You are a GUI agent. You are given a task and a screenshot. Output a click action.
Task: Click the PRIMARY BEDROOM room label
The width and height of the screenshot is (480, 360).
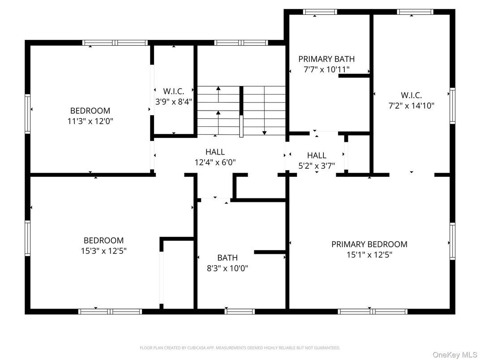(x=369, y=244)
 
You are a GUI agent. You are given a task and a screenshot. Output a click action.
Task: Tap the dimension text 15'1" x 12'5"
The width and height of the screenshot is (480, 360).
(x=369, y=255)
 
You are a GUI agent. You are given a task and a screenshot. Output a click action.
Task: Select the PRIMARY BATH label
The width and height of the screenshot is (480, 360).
(x=326, y=59)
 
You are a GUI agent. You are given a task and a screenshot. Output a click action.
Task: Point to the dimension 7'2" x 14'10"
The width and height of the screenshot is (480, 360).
(x=411, y=106)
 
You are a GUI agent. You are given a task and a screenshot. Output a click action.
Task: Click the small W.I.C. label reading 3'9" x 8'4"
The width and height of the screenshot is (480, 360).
(x=173, y=102)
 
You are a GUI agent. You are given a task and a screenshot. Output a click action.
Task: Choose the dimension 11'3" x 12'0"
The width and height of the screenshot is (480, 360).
(x=90, y=121)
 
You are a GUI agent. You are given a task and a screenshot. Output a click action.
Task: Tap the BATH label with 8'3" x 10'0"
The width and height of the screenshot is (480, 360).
(x=227, y=257)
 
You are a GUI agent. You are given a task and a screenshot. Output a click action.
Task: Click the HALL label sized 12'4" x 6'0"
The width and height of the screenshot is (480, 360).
(x=215, y=152)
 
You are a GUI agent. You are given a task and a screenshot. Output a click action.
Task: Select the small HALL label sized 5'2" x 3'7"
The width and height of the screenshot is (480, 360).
(x=317, y=155)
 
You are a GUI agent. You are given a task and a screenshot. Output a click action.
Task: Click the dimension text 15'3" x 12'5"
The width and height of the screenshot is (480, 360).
(x=103, y=251)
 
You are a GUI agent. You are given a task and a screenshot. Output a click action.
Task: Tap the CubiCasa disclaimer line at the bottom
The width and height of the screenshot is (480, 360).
(x=240, y=347)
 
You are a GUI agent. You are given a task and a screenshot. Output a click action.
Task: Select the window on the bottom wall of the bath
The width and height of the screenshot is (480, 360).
(x=240, y=311)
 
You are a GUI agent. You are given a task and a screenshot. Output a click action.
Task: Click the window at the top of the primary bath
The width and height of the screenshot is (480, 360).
(x=320, y=12)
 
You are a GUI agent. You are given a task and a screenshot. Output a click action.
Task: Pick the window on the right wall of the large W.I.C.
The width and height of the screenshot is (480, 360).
(x=452, y=106)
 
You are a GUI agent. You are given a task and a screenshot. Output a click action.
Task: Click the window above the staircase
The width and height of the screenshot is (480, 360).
(x=241, y=43)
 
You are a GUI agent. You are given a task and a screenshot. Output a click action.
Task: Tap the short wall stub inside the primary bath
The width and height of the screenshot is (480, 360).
(x=354, y=76)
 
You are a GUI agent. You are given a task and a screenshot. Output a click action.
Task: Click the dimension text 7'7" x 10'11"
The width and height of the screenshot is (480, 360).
(x=326, y=69)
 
